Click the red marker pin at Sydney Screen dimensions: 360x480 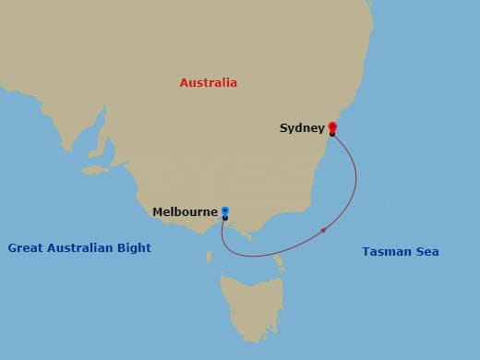coord(332,127)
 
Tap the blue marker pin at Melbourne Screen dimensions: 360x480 coord(225,211)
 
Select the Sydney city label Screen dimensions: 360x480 coord(302,128)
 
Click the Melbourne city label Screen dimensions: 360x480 coord(186,211)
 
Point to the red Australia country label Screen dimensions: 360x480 coord(208,83)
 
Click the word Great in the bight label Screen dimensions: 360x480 coord(24,248)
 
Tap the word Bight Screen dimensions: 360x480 coord(135,248)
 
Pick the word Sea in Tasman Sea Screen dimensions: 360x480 coord(426,251)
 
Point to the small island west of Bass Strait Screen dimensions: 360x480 coord(209,256)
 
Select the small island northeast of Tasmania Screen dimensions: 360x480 coord(279,265)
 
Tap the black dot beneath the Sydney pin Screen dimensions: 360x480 coord(332,135)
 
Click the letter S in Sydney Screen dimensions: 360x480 coord(283,128)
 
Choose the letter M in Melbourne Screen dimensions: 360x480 coord(158,211)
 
